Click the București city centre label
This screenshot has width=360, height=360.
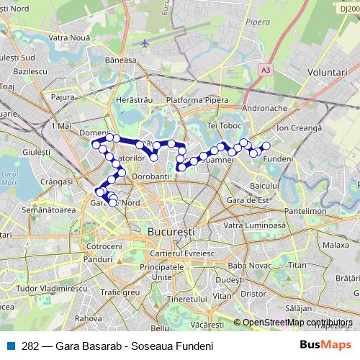tap(171, 233)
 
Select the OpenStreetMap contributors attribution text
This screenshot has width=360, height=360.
tap(297, 323)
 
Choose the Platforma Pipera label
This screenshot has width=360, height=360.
tap(192, 99)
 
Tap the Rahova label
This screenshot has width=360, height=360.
tap(88, 318)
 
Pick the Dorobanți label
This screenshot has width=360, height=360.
tap(152, 176)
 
